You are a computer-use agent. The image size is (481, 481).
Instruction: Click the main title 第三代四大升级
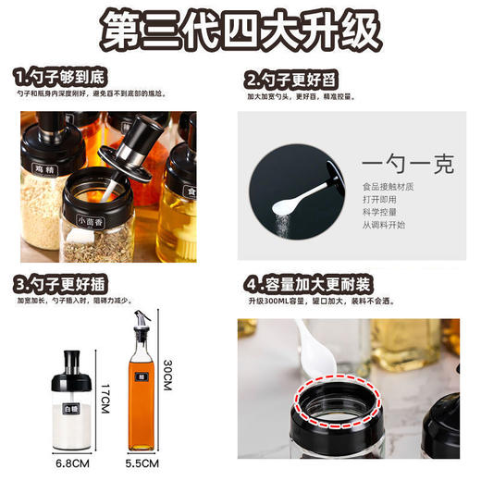(x=241, y=32)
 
